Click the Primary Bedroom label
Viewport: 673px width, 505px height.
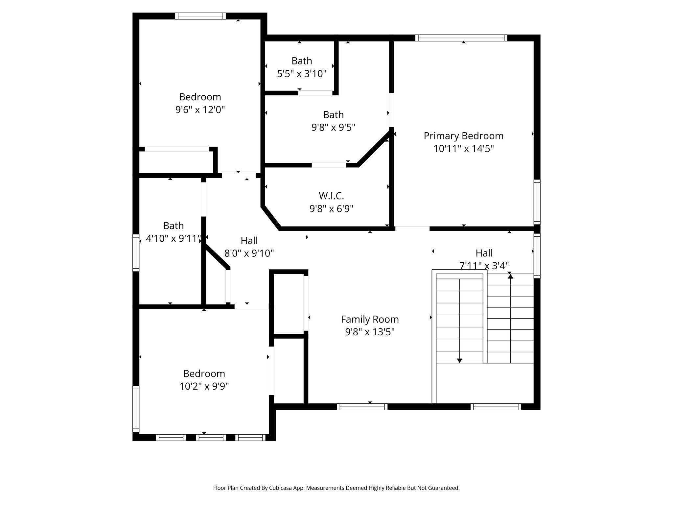(x=463, y=136)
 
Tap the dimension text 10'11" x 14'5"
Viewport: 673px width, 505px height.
(x=463, y=149)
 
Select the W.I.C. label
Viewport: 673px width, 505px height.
(x=331, y=196)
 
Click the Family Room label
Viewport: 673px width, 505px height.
(x=370, y=319)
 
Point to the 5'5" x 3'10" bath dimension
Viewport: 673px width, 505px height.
(x=302, y=74)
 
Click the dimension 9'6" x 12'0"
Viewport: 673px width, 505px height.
(x=200, y=109)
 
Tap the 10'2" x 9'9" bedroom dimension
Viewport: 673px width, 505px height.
(x=204, y=386)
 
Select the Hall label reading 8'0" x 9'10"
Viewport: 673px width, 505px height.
(x=249, y=241)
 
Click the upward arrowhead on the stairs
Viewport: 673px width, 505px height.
(x=510, y=277)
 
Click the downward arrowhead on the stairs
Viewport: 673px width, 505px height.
(x=459, y=361)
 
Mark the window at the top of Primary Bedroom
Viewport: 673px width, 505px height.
(x=461, y=38)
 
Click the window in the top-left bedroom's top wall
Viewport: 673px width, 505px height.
(x=200, y=16)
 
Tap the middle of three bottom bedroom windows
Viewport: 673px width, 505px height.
(x=211, y=437)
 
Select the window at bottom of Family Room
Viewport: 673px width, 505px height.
(x=362, y=407)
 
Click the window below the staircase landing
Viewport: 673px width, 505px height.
(x=496, y=407)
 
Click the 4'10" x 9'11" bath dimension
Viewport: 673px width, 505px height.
(x=173, y=238)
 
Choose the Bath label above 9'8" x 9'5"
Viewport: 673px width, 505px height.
(x=333, y=115)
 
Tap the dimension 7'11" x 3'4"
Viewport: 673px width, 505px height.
(x=484, y=266)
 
